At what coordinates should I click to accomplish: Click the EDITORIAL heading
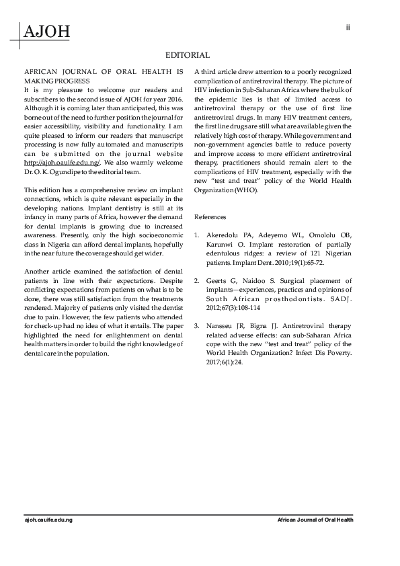click(188, 55)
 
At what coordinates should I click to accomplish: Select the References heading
click(210, 217)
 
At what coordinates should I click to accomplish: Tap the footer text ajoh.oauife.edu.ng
click(48, 520)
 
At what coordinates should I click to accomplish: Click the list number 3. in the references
click(196, 325)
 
